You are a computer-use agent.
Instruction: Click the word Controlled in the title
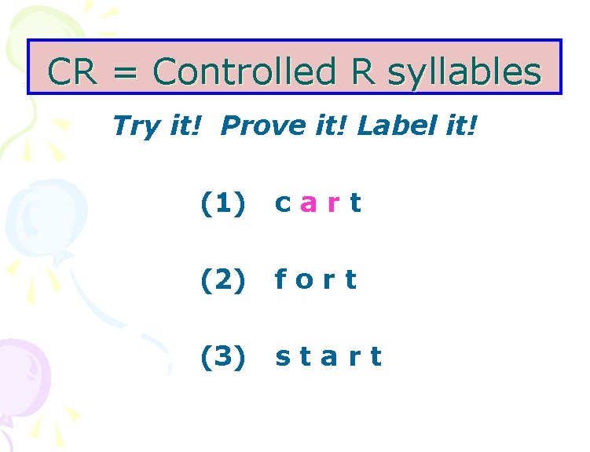244,71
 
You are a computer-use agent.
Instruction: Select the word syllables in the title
464,73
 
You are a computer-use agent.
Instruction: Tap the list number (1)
223,204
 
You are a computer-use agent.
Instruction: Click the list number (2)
223,279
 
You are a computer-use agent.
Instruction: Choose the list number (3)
223,356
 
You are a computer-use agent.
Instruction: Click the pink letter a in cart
309,205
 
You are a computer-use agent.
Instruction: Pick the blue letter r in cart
334,205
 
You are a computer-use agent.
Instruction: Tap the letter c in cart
283,205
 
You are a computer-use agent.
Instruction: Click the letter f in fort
280,279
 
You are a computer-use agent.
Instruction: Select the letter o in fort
303,280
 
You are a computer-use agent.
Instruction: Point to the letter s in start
282,357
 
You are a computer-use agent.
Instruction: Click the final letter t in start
376,356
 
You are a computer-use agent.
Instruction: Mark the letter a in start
329,357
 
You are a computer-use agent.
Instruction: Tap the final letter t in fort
350,279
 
